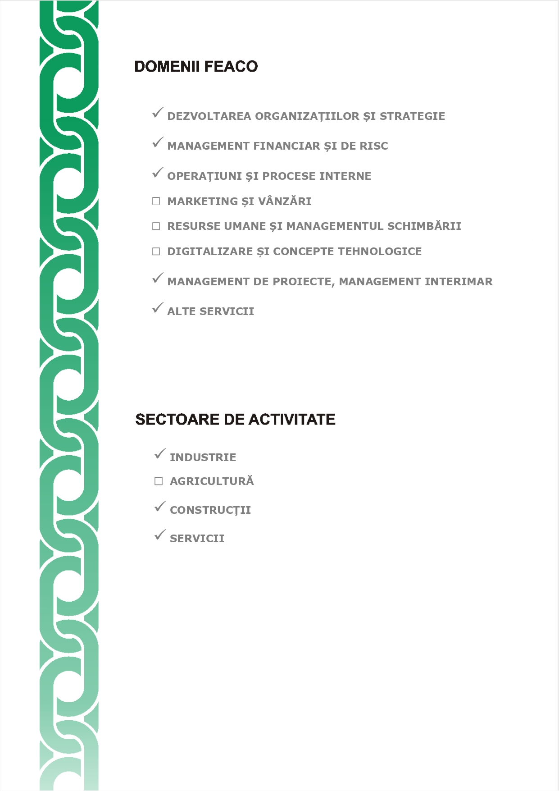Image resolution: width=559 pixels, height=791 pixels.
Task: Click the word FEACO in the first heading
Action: [x=231, y=67]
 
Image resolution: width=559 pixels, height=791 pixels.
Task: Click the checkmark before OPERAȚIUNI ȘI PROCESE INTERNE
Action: [x=157, y=173]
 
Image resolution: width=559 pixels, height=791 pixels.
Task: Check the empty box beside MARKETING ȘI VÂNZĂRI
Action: [x=156, y=201]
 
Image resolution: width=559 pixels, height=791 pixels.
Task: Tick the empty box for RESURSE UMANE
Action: [x=156, y=226]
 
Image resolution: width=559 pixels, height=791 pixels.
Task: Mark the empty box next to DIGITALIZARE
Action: [x=156, y=251]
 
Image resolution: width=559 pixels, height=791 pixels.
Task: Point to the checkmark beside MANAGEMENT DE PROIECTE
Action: [x=157, y=278]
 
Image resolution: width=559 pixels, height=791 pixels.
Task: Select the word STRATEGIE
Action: [x=412, y=116]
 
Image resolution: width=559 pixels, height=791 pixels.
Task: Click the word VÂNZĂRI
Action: [x=285, y=201]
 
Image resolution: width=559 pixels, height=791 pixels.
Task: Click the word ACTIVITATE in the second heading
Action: [x=292, y=420]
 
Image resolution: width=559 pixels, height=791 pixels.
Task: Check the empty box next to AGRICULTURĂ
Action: [x=159, y=481]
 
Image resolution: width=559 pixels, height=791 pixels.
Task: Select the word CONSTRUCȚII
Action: [x=210, y=510]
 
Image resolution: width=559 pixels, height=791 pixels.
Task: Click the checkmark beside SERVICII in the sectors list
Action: [x=160, y=535]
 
